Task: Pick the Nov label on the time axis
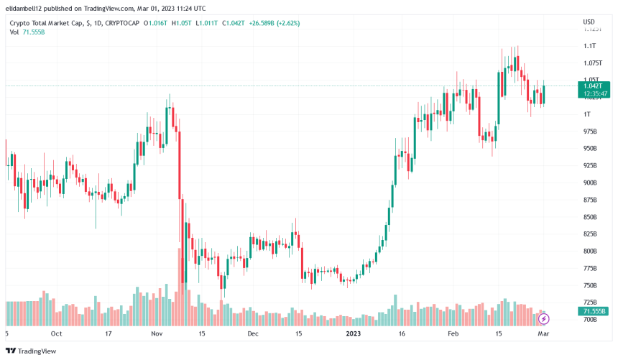tap(158, 334)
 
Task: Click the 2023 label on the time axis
tap(354, 334)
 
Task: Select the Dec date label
tap(252, 334)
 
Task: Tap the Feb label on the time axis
tap(453, 334)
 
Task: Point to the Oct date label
tap(57, 334)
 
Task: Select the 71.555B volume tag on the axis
tap(593, 311)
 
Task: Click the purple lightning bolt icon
tap(543, 318)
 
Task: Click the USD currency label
tap(588, 22)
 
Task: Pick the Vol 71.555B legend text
tap(27, 33)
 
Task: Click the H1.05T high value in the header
tap(181, 23)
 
